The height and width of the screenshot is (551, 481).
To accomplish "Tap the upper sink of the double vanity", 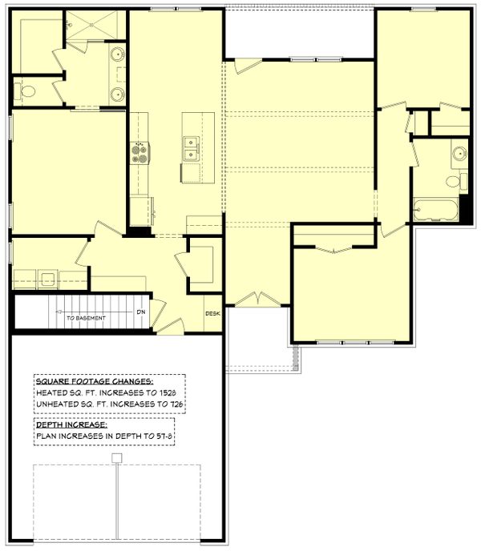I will coord(118,56).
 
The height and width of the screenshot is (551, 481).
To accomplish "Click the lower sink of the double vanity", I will coord(118,95).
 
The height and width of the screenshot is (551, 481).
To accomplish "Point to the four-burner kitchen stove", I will coord(139,152).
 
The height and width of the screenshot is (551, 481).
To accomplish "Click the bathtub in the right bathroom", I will coord(435,210).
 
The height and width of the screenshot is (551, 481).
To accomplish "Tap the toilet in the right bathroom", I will coord(458,182).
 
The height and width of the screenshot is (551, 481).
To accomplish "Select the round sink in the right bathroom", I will coord(459,153).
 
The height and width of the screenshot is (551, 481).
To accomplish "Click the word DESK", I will coord(213,313).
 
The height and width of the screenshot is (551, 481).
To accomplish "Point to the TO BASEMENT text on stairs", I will coord(84,318).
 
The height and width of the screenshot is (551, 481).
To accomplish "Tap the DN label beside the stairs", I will coord(140,312).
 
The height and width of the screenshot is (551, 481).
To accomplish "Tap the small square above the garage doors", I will coord(116,458).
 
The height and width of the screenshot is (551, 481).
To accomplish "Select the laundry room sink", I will coord(47,279).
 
